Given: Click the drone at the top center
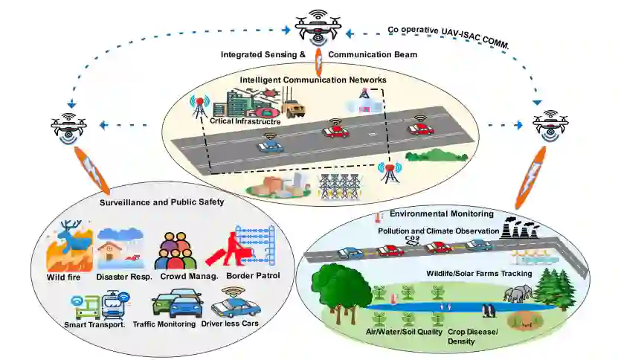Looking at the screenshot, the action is [318, 28].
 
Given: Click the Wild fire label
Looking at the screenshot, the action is [63, 277].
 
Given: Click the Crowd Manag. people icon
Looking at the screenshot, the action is [176, 251].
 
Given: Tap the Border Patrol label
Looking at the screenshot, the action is [253, 276].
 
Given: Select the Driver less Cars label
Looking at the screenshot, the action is [230, 324].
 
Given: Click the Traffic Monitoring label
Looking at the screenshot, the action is [164, 324].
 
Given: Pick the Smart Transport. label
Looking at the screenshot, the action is [94, 325].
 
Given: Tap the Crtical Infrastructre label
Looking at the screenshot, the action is [245, 121].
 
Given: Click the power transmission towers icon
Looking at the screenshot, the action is [339, 186].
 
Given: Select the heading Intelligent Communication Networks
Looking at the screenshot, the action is [313, 80].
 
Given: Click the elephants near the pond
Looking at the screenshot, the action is [518, 293].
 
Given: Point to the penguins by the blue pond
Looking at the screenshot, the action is [489, 310].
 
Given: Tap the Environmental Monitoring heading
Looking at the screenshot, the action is [442, 213].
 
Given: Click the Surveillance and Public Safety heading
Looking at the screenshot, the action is [161, 202].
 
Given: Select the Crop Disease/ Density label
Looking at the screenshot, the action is [472, 336].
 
